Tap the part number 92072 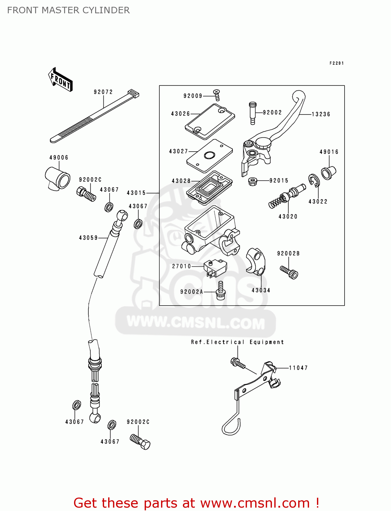(x=103, y=92)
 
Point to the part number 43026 (x=180, y=114)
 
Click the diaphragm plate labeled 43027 (x=209, y=156)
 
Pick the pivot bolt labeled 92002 (x=252, y=113)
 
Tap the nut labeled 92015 (x=252, y=181)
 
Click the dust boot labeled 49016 (x=328, y=173)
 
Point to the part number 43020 (x=288, y=217)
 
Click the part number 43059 (x=88, y=238)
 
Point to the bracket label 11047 (x=298, y=368)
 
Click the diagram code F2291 (x=336, y=63)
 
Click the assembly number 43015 (x=136, y=193)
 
